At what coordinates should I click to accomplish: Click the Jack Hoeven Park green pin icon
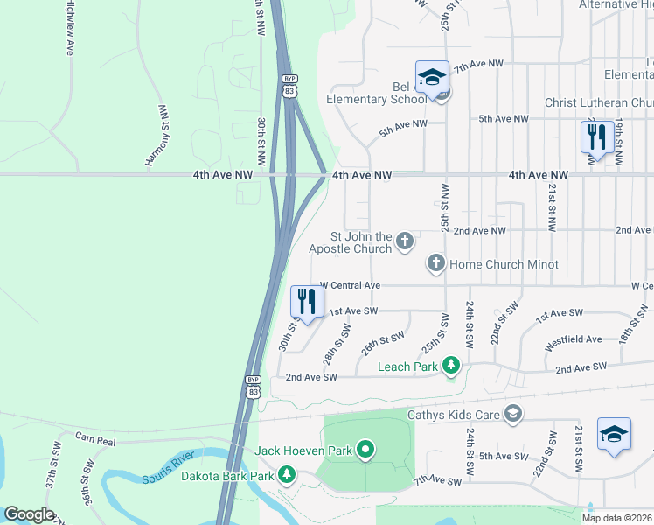click(365, 451)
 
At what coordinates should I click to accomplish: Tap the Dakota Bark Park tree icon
click(286, 476)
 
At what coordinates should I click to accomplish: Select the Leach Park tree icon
click(450, 365)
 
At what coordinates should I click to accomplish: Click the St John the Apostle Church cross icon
click(404, 240)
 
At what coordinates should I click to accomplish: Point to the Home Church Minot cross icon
click(435, 263)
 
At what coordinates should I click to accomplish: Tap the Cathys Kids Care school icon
click(513, 414)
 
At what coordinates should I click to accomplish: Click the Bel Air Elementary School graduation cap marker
click(432, 78)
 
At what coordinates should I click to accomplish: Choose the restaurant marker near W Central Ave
click(307, 302)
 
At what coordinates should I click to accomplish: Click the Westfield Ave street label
click(573, 339)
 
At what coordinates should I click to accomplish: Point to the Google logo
click(29, 514)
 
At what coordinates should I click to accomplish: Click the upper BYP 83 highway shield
click(289, 84)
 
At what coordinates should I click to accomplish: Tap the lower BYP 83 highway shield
click(252, 386)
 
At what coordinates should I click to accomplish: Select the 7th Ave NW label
click(484, 64)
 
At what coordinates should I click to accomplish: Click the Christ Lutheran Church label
click(598, 102)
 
